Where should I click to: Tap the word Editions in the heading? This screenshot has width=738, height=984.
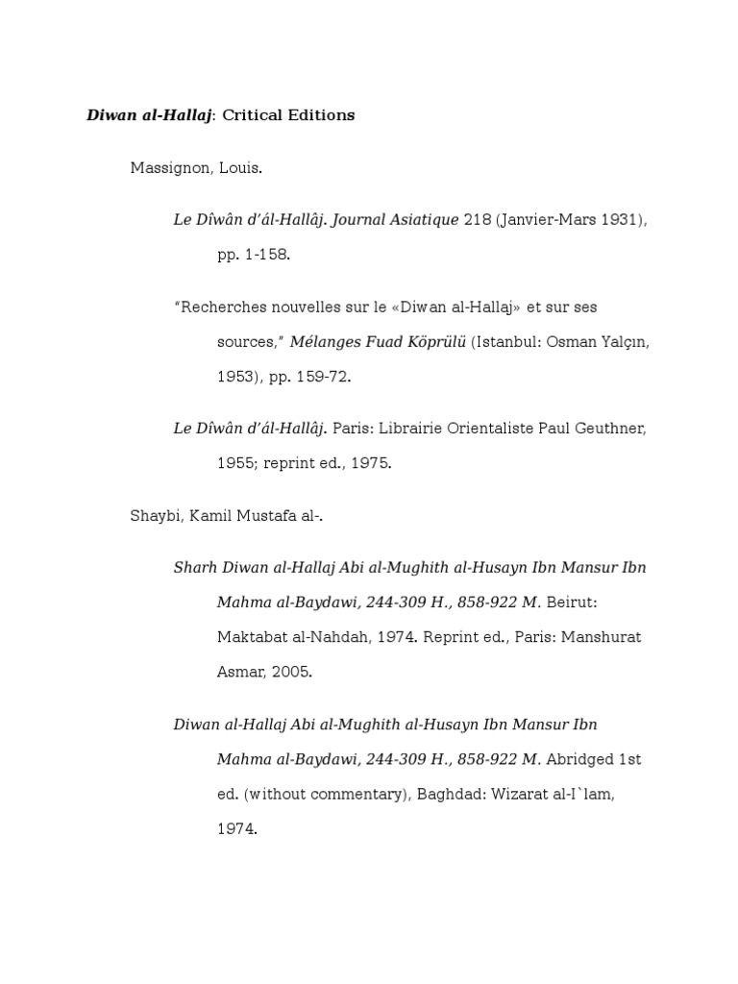pyautogui.click(x=323, y=115)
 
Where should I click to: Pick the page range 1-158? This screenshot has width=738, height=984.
pyautogui.click(x=268, y=256)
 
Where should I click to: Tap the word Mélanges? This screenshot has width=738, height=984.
pyautogui.click(x=327, y=342)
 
